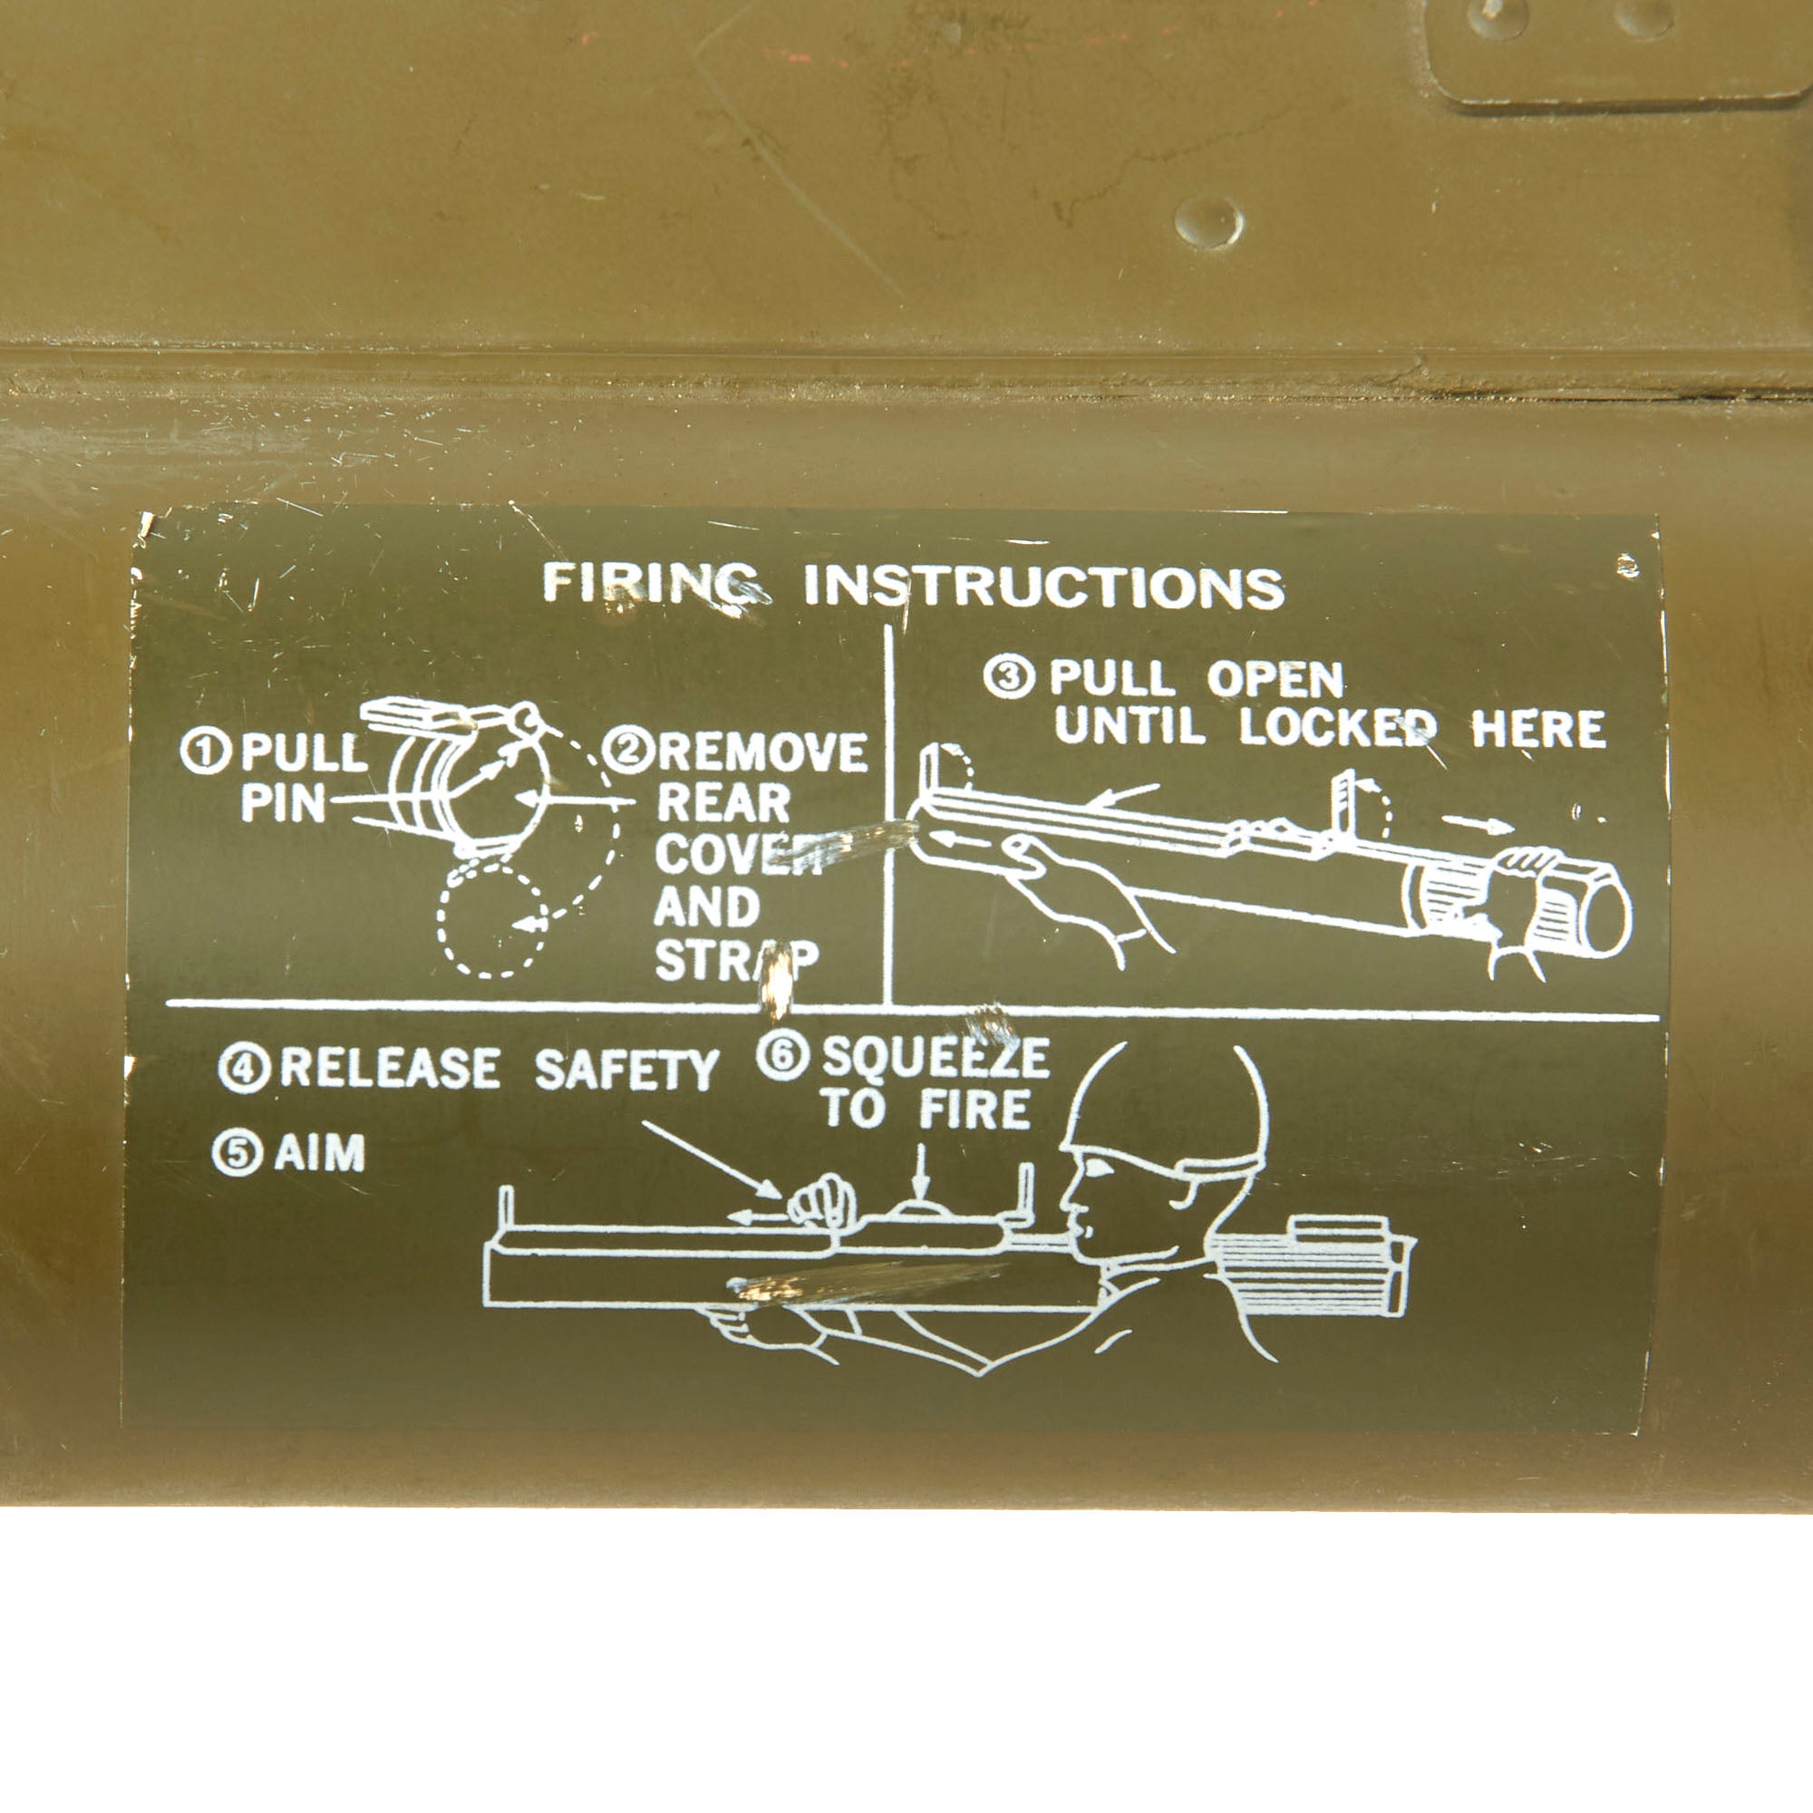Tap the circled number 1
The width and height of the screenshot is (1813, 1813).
[x=206, y=753]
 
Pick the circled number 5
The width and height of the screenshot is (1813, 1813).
[x=238, y=1153]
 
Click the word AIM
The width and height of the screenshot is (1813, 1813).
[x=319, y=1153]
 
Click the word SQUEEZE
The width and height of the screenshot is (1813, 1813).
[x=936, y=1059]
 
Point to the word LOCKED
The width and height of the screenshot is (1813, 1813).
[x=1338, y=729]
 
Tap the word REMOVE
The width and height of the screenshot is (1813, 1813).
[x=762, y=751]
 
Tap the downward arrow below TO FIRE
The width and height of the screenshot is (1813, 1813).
[x=922, y=1169]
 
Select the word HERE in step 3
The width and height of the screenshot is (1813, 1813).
[x=1538, y=729]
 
